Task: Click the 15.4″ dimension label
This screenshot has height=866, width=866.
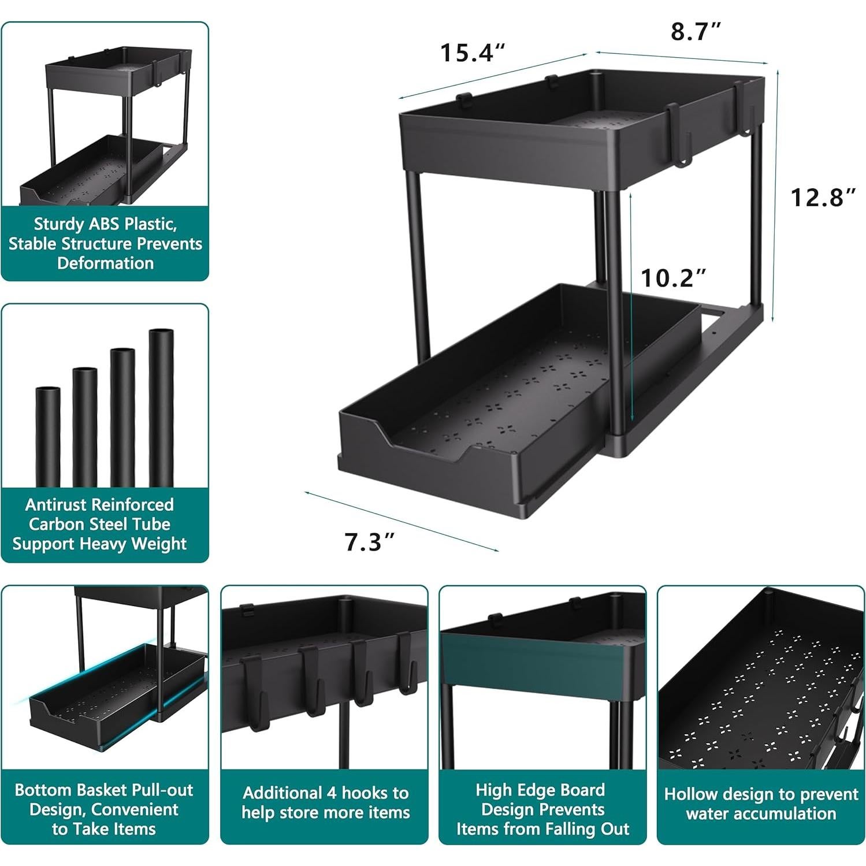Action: (473, 53)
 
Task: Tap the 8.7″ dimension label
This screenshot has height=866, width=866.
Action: (696, 32)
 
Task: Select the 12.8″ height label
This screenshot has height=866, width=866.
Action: (823, 198)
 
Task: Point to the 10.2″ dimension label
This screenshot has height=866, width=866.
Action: (674, 278)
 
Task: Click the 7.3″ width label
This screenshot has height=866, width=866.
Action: (370, 542)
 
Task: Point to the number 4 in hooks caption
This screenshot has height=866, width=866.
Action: (333, 793)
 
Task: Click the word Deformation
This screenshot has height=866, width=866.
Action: (105, 263)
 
